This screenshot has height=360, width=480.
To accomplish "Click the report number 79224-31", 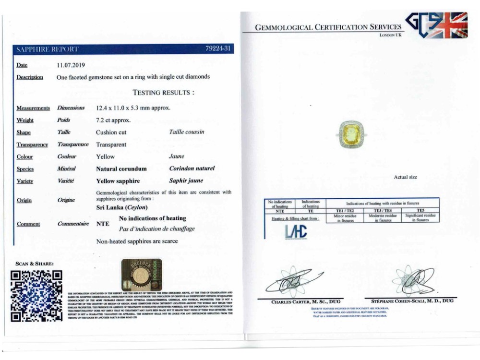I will click(219, 49).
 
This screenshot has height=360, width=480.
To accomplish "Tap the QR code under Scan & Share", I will click(36, 296).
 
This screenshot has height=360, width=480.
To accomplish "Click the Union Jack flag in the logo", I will click(450, 25).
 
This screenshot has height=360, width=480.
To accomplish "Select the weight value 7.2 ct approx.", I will click(113, 120).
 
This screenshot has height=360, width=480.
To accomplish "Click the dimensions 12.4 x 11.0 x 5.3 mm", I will click(133, 108).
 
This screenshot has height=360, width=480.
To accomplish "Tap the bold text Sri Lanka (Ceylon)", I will click(122, 207).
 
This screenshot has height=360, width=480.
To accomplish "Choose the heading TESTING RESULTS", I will click(163, 93).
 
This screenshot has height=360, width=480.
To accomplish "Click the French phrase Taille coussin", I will click(187, 132).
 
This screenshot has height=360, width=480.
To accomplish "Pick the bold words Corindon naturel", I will click(192, 169).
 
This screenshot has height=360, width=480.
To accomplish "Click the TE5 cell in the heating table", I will click(420, 210).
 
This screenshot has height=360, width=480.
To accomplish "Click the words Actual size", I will click(406, 177).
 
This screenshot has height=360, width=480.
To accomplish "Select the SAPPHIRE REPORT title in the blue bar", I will click(47, 49).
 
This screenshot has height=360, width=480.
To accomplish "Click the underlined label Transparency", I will click(32, 144).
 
